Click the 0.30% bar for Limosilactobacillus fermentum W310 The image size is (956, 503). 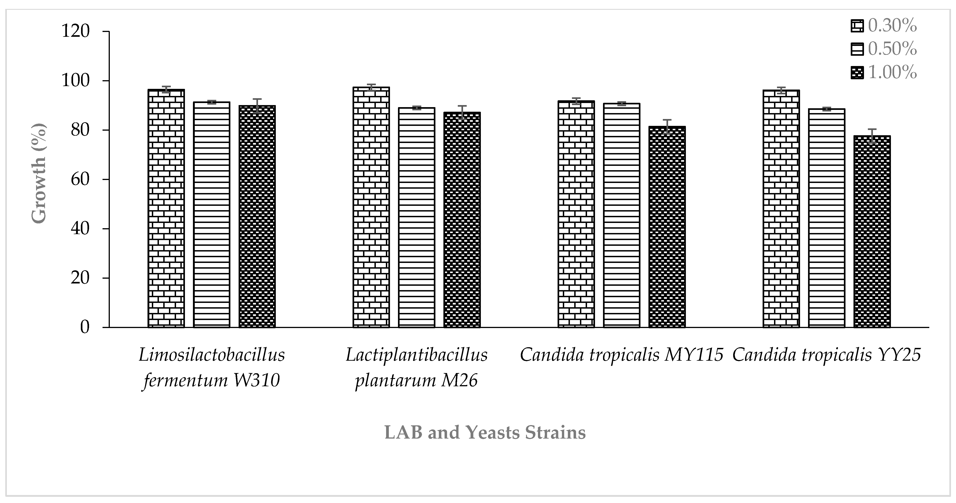(166, 208)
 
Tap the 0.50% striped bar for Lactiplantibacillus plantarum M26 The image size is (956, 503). (416, 217)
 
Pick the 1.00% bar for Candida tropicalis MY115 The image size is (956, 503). (667, 226)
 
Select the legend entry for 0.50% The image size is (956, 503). (883, 49)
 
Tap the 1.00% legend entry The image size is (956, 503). (883, 72)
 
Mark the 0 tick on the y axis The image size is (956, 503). (85, 327)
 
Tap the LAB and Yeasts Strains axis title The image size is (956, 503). (485, 432)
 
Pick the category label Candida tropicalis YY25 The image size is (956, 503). (827, 355)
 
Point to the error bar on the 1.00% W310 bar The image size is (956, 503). (257, 106)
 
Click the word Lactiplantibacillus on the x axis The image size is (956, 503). (416, 355)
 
